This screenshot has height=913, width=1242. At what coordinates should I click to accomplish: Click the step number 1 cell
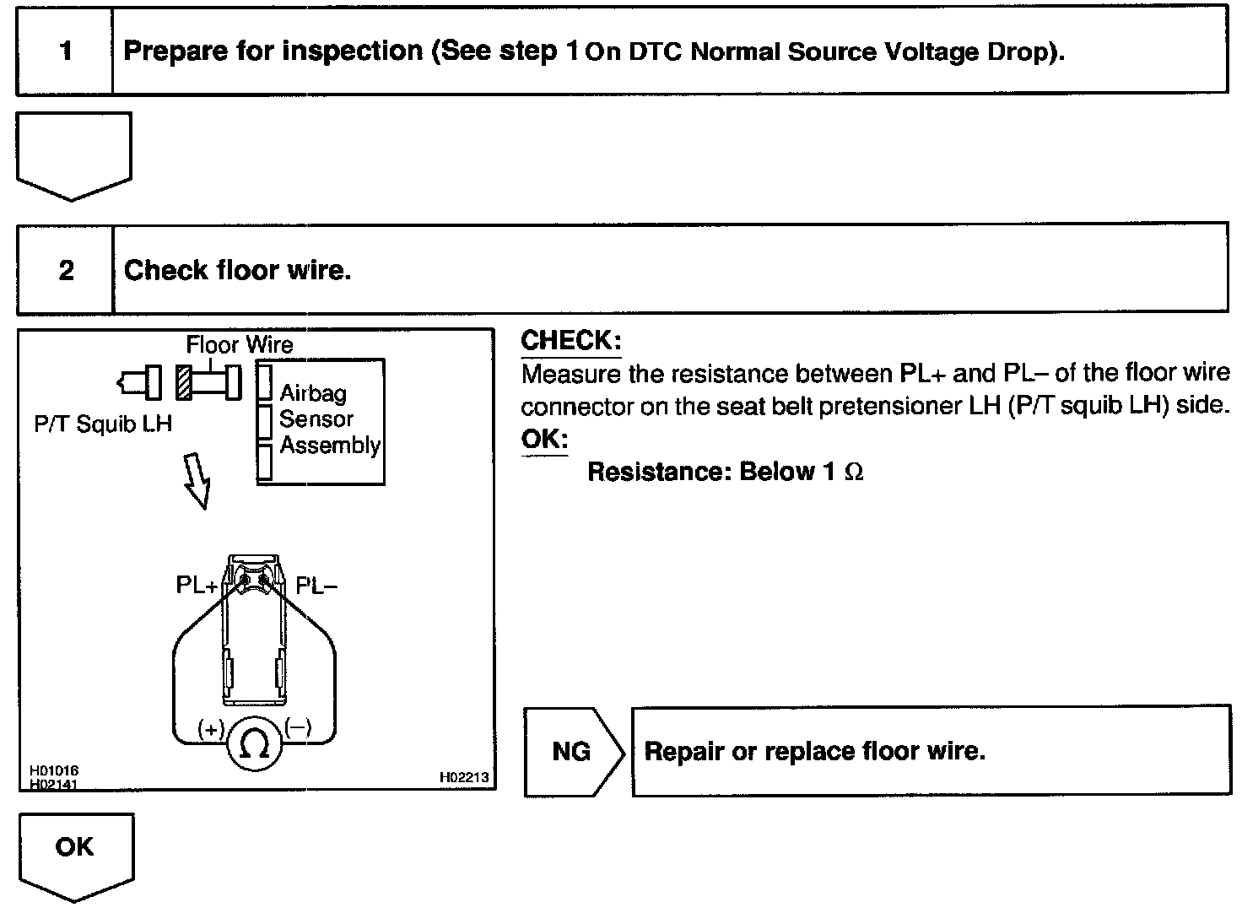tap(65, 51)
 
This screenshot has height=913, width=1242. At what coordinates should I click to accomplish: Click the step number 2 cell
tap(66, 271)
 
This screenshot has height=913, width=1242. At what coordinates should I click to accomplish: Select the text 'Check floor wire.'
tap(237, 271)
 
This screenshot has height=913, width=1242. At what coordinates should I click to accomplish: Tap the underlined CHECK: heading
tap(570, 341)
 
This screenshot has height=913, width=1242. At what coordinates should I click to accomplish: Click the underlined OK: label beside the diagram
tap(544, 440)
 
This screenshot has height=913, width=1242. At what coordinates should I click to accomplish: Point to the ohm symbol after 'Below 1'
tap(854, 473)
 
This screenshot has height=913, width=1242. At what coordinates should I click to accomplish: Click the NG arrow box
tap(572, 751)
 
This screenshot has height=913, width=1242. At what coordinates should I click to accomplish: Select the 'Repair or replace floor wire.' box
tap(930, 751)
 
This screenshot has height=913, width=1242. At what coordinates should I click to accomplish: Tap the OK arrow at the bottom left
tap(75, 852)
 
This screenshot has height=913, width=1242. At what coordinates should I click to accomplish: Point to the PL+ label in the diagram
tap(197, 585)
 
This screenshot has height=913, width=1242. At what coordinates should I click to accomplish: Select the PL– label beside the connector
tap(316, 585)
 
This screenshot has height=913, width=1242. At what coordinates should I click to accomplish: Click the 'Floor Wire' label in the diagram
tap(240, 344)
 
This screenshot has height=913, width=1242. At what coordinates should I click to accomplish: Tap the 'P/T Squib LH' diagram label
tap(103, 424)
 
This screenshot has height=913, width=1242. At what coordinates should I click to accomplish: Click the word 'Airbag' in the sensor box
tap(313, 392)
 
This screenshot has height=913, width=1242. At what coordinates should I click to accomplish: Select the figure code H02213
tap(463, 777)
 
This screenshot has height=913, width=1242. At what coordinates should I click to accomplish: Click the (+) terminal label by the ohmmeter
tap(210, 728)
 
